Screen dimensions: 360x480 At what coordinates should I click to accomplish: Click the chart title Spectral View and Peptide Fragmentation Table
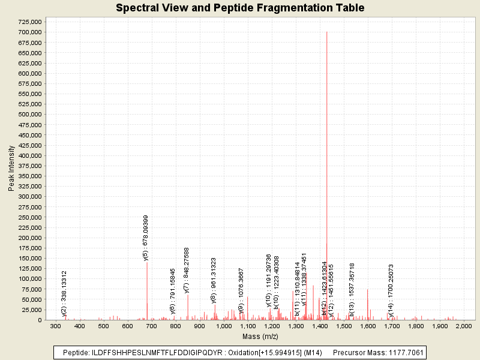point(240,8)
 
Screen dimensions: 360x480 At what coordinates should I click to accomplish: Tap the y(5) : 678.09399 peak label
point(146,238)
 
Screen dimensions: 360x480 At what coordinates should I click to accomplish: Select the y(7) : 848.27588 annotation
point(187,270)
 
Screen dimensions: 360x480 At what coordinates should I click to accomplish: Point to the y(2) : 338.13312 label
point(64,293)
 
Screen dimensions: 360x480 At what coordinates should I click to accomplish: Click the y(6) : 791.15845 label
point(173,291)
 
